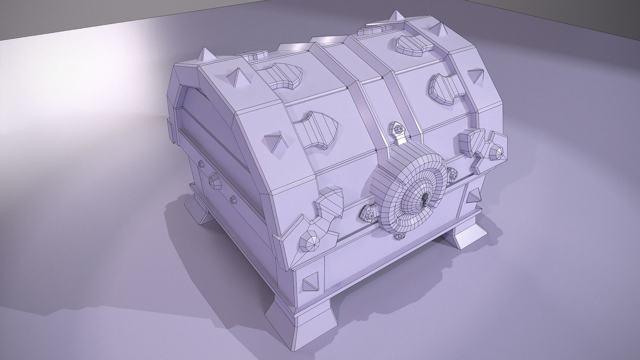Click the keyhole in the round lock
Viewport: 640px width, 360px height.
click(424, 201)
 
